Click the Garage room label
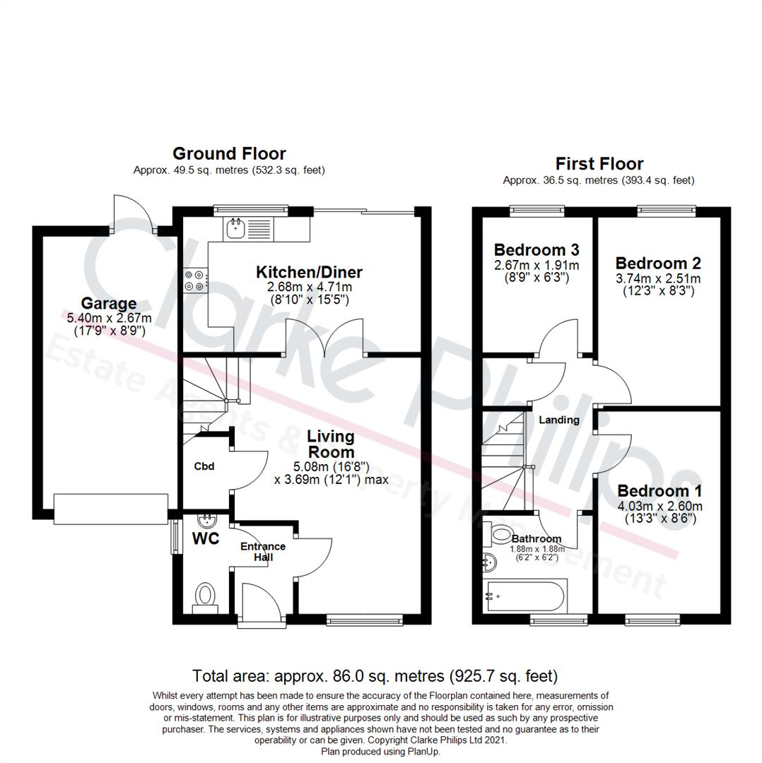click(x=108, y=304)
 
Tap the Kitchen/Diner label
click(x=309, y=272)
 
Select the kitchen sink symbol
click(x=235, y=227)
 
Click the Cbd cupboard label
click(x=204, y=466)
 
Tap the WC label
click(x=206, y=538)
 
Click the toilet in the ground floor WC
click(x=205, y=595)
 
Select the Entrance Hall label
click(x=263, y=552)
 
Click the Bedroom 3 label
click(x=537, y=249)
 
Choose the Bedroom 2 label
click(x=658, y=264)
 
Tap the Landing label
click(x=559, y=420)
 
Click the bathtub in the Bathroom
click(x=527, y=596)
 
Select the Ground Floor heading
click(x=229, y=153)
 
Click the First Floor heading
click(x=599, y=164)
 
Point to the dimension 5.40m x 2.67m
click(x=108, y=319)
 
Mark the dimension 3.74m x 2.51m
click(x=658, y=278)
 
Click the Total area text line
click(x=375, y=675)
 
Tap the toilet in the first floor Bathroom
click(x=503, y=535)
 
